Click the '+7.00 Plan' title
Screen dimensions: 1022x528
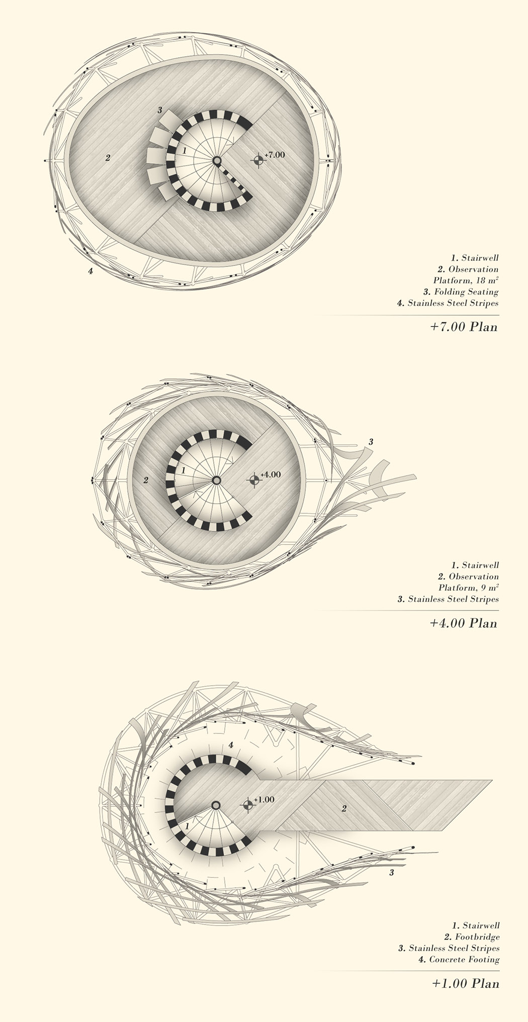(x=463, y=327)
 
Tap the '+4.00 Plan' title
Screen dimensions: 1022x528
(x=463, y=623)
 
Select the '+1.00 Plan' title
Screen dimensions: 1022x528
(x=465, y=984)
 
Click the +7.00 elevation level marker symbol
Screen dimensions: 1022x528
(x=258, y=160)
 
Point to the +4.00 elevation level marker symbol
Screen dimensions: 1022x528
(x=254, y=480)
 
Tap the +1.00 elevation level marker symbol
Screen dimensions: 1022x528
(x=247, y=805)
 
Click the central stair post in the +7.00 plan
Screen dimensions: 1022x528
(x=217, y=161)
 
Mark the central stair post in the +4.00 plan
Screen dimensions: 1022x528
(x=216, y=480)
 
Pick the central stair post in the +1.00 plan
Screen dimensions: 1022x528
(x=216, y=805)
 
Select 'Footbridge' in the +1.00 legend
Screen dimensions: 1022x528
(x=478, y=937)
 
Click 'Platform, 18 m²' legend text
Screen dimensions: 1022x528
(x=466, y=280)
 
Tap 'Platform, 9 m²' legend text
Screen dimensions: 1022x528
(x=468, y=588)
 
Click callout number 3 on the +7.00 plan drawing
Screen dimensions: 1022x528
(x=159, y=110)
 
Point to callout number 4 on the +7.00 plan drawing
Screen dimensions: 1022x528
(x=91, y=271)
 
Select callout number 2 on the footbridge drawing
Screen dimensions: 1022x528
(x=344, y=809)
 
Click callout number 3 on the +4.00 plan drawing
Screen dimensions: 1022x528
(x=371, y=442)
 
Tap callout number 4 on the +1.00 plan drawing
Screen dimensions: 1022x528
(x=231, y=745)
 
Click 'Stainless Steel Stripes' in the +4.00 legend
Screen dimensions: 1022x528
(x=453, y=599)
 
